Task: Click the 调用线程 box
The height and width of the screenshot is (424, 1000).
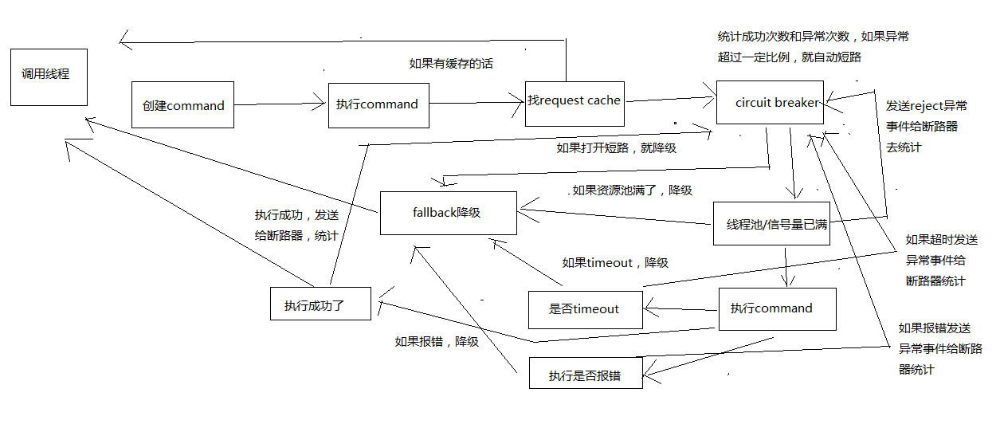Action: coord(49,76)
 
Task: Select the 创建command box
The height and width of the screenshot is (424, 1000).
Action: coord(182,104)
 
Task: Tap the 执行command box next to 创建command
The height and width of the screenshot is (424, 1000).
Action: coord(378,104)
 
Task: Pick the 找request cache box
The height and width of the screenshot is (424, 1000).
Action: coord(575,102)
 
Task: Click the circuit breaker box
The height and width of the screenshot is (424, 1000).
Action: coord(770,102)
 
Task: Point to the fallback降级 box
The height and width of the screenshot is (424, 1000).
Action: coord(448,213)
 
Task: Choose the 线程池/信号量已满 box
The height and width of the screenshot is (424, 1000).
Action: coord(771,224)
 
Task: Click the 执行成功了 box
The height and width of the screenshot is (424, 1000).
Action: coord(320,304)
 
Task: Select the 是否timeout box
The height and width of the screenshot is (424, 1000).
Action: coord(585,309)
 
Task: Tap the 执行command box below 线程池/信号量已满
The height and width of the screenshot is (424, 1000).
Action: coord(777,308)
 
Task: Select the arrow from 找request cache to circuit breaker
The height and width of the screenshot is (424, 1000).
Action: coord(669,99)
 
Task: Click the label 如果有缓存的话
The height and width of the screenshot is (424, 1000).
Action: coord(450,64)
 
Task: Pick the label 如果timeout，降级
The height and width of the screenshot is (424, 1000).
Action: coord(614,262)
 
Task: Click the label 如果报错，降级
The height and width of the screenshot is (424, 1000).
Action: coord(437,341)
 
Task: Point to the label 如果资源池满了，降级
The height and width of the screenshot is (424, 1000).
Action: coord(631,190)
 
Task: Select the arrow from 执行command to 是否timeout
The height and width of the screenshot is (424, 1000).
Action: coord(681,308)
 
